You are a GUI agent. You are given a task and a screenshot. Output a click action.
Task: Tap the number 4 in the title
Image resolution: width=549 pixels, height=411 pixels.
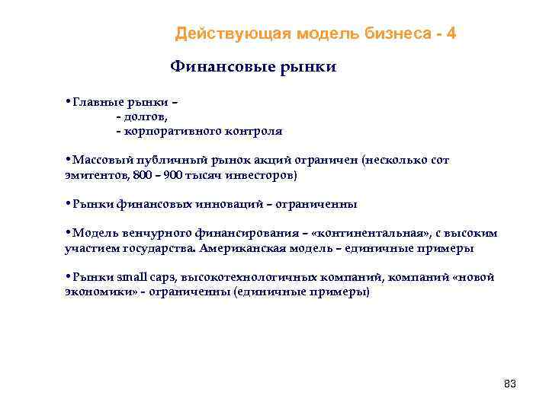pos(452,33)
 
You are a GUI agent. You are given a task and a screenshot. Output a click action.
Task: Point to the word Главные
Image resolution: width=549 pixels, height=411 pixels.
pos(95,102)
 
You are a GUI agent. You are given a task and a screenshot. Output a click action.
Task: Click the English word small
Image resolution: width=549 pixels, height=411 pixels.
pos(129,278)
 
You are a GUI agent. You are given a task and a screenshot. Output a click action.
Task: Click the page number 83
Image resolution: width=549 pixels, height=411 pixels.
pos(510,384)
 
